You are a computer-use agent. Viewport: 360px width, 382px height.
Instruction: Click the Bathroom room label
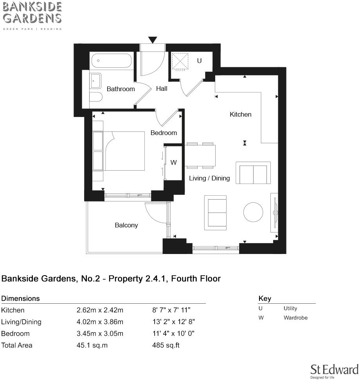121,89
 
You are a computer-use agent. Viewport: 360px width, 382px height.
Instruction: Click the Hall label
162,88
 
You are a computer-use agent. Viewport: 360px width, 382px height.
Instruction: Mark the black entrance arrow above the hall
153,40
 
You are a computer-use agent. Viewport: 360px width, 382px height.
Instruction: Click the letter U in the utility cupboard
199,61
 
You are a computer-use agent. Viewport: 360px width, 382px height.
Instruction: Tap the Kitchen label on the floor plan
240,114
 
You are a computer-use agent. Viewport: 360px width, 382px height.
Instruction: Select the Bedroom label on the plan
164,133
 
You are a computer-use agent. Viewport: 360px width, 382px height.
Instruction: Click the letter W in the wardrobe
174,162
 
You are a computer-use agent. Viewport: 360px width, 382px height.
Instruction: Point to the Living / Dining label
209,178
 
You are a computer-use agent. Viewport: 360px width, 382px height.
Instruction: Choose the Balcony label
126,225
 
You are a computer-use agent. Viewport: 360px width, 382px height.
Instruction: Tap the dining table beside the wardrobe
200,155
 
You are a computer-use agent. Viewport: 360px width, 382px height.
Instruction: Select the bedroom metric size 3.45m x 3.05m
100,333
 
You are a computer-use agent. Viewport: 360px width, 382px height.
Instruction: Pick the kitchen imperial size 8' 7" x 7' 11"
171,310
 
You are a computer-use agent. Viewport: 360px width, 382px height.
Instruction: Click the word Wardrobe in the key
295,317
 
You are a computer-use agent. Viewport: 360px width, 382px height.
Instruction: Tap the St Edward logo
334,371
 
